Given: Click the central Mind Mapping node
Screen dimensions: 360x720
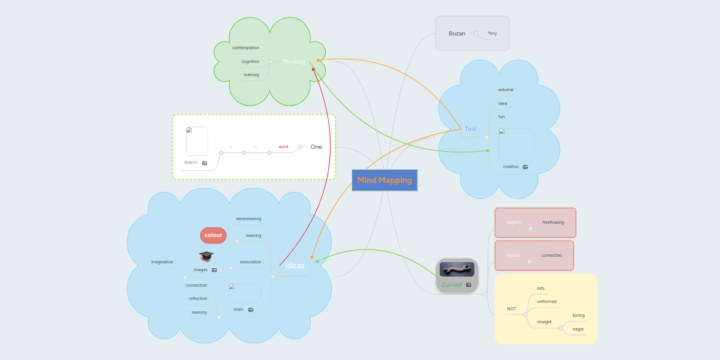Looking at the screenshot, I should [x=385, y=180].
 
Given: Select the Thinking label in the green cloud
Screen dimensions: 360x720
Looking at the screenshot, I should [x=293, y=62].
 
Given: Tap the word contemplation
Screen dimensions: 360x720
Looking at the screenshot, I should [x=246, y=48].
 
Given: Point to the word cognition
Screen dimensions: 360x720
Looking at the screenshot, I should [x=250, y=62].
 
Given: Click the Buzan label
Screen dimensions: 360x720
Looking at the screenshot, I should [x=457, y=34].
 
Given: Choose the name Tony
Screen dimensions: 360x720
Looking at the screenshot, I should [x=492, y=34].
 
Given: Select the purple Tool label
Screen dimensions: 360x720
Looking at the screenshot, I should [x=470, y=129].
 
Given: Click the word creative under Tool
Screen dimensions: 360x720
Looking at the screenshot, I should [x=511, y=167].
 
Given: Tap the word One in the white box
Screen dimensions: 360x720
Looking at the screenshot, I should [x=316, y=147].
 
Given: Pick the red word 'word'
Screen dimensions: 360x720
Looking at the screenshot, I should [x=283, y=147].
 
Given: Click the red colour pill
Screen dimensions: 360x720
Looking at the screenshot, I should [x=213, y=235].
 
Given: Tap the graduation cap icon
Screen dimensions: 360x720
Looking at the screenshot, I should [x=206, y=257].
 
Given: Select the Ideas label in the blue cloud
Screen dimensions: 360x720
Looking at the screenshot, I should [x=295, y=266].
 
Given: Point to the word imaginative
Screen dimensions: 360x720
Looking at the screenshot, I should [x=162, y=262].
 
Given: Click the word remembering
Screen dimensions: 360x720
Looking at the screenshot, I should [x=248, y=219].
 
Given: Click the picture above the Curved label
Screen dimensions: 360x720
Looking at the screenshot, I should [x=457, y=269].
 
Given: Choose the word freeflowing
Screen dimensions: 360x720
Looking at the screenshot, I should [x=553, y=223].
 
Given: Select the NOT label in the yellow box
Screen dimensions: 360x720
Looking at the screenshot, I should [x=511, y=309].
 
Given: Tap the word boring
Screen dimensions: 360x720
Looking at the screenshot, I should [x=578, y=316].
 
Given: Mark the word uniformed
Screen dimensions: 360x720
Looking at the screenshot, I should [x=547, y=302].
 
